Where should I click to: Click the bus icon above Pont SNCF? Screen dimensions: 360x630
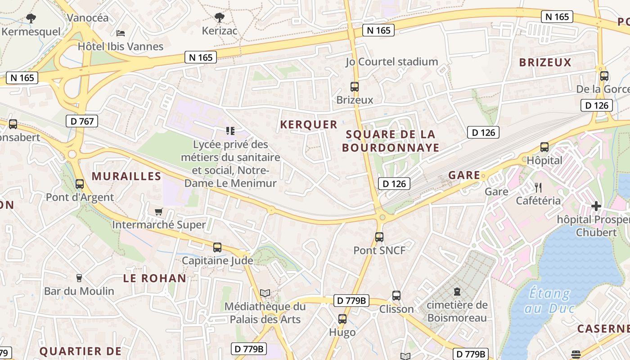[x=379, y=237]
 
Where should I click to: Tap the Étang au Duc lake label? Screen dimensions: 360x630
[x=549, y=301]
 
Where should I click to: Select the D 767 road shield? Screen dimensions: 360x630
[x=82, y=121]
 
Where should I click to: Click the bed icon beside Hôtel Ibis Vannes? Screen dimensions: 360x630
[x=120, y=33]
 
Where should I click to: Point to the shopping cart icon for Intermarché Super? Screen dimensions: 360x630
[x=158, y=211]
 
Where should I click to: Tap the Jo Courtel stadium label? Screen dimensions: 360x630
[x=391, y=62]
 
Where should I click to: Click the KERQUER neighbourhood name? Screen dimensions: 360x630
[x=309, y=125]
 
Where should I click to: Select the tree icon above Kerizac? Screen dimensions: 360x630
[x=219, y=18]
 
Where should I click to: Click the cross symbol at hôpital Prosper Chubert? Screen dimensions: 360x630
[x=596, y=206]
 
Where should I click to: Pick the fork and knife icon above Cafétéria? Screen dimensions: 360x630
[x=538, y=187]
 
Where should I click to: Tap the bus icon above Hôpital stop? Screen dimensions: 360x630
[x=544, y=147]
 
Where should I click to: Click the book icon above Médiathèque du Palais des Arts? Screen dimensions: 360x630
[x=265, y=293]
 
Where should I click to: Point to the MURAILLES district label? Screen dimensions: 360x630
[x=126, y=176]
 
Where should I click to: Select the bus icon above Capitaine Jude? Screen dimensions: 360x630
[x=217, y=247]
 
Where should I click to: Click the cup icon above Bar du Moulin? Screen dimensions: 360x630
[x=79, y=278]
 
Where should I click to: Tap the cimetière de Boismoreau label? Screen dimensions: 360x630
[x=457, y=311]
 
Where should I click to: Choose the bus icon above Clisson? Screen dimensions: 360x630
[x=396, y=295]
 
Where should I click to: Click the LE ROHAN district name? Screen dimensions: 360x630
[x=155, y=278]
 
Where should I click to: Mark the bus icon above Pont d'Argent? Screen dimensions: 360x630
[x=80, y=184]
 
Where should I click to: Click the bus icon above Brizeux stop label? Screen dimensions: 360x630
[x=355, y=86]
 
